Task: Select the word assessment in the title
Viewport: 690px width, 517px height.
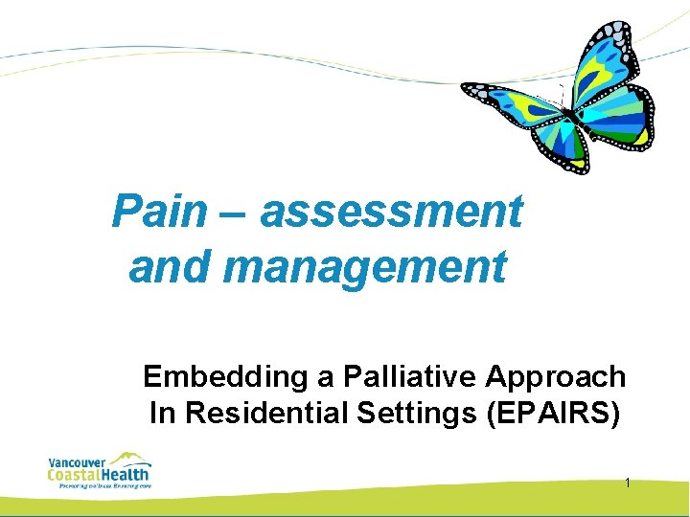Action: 391,212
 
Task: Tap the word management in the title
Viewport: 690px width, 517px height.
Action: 364,267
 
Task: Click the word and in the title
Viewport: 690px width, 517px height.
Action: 171,267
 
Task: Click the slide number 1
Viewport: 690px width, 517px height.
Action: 627,483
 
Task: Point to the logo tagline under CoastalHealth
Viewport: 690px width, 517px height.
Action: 100,485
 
